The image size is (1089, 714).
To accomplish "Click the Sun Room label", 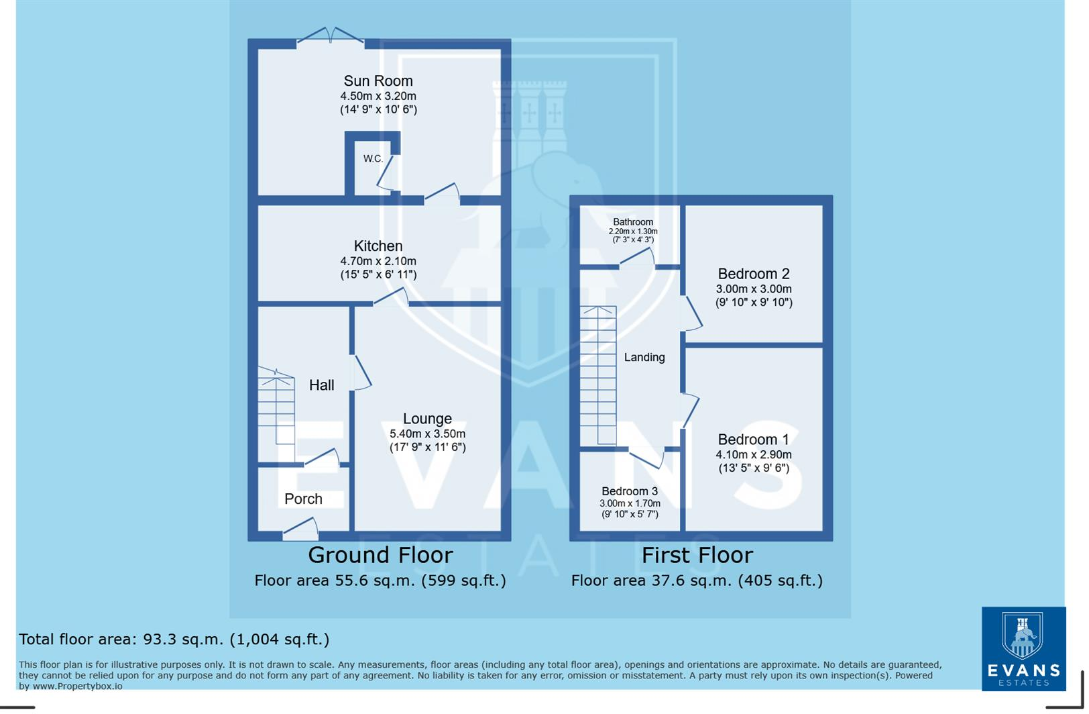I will point(378,81).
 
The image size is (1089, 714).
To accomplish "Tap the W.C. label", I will point(373,159).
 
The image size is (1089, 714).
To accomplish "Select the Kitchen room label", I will point(378,246).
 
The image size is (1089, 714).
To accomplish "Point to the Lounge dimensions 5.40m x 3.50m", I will point(427,434).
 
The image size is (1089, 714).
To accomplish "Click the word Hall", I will point(322,385).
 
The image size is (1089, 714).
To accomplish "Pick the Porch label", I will point(303,499).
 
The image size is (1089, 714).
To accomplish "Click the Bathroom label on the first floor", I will point(632,222).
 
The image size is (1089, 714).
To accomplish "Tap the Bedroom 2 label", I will point(754,274).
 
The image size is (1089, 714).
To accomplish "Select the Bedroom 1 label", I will point(753,440).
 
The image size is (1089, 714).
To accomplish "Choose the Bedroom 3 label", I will point(629,491).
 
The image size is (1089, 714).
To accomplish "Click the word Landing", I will point(644,358).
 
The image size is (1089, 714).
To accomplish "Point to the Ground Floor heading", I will point(380,556).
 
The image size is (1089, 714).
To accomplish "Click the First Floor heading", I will point(697,556).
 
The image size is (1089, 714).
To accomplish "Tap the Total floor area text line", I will point(174,640).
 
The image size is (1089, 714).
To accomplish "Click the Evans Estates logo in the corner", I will point(1023,648).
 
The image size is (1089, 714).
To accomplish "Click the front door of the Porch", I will point(300,529).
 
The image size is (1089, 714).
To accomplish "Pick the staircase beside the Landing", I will point(597,376).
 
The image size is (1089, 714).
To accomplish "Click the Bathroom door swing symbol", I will point(637,258).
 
